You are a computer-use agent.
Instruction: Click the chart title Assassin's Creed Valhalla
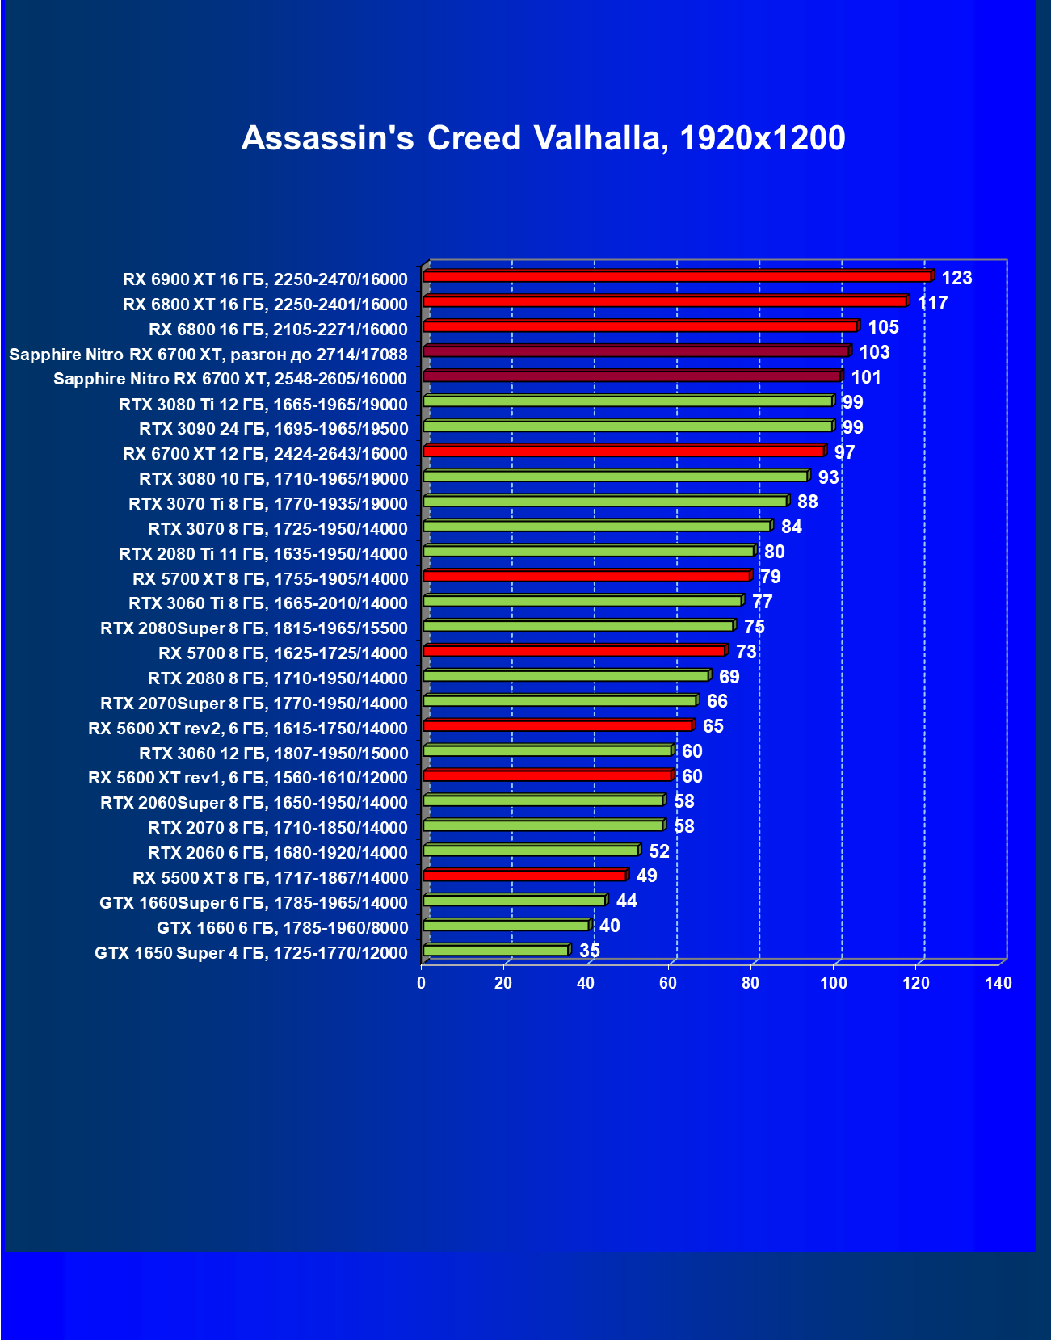pyautogui.click(x=543, y=138)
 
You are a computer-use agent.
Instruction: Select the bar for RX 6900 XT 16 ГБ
pyautogui.click(x=677, y=276)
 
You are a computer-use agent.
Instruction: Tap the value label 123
pyautogui.click(x=956, y=278)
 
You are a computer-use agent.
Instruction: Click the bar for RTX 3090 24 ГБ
pyautogui.click(x=628, y=426)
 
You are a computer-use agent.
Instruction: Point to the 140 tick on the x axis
pyautogui.click(x=998, y=983)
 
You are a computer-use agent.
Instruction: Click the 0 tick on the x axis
pyautogui.click(x=421, y=983)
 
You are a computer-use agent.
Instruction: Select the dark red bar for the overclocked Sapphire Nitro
pyautogui.click(x=636, y=351)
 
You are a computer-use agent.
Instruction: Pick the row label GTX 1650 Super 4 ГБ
pyautogui.click(x=250, y=953)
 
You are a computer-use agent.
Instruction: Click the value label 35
pyautogui.click(x=590, y=951)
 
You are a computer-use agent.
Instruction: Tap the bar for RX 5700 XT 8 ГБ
pyautogui.click(x=586, y=576)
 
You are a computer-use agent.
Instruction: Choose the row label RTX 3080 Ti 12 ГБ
pyautogui.click(x=263, y=404)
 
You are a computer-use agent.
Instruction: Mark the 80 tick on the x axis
pyautogui.click(x=750, y=983)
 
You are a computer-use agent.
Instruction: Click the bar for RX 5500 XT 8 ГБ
pyautogui.click(x=524, y=876)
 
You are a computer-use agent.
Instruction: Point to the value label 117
pyautogui.click(x=932, y=303)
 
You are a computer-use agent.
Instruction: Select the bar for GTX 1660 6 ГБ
pyautogui.click(x=506, y=926)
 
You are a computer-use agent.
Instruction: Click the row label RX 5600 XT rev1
pyautogui.click(x=248, y=778)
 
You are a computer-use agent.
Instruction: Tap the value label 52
pyautogui.click(x=659, y=851)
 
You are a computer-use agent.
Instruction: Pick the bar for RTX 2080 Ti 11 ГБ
pyautogui.click(x=588, y=551)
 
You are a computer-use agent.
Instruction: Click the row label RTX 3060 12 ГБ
pyautogui.click(x=274, y=754)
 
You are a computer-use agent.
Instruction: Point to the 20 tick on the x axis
pyautogui.click(x=503, y=983)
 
